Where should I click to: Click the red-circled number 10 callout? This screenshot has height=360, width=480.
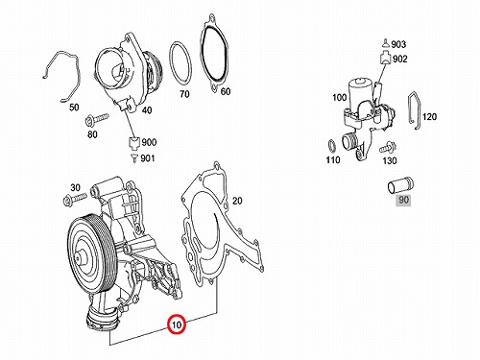(x=177, y=324)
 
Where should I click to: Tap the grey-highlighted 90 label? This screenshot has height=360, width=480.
(x=403, y=200)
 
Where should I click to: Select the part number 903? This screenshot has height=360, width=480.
(x=398, y=44)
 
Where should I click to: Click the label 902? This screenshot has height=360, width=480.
(x=400, y=59)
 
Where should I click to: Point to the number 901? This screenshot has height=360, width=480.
(x=148, y=158)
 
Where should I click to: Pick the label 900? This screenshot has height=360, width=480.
(x=149, y=142)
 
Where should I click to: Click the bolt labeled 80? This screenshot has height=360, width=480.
(x=97, y=119)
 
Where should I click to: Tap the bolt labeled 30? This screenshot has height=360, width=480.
(x=75, y=199)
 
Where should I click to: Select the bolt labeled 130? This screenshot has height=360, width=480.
(x=388, y=147)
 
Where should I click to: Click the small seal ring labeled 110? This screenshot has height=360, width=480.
(x=332, y=147)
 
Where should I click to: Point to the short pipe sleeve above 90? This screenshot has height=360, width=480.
(x=400, y=185)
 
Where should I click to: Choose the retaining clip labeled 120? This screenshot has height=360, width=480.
(x=415, y=110)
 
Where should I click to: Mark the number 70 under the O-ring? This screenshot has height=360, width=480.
(x=184, y=94)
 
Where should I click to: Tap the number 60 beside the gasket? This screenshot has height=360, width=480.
(x=226, y=91)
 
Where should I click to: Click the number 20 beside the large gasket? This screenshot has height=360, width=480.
(x=237, y=201)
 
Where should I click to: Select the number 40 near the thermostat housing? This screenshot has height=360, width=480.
(x=147, y=110)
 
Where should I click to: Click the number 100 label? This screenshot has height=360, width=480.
(x=340, y=97)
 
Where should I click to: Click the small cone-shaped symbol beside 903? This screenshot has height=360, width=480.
(x=386, y=43)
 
